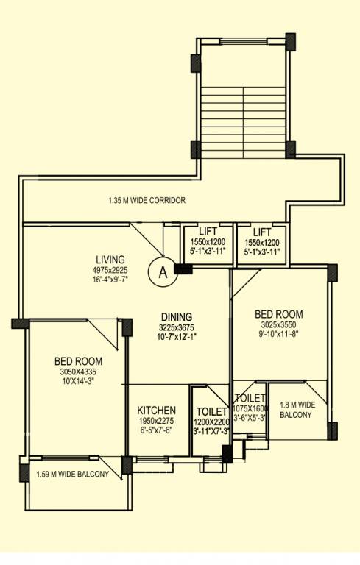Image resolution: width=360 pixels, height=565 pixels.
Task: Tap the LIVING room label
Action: [110, 260]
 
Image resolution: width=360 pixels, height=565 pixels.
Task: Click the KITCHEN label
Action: [156, 410]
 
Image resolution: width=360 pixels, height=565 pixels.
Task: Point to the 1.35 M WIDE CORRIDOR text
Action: [147, 200]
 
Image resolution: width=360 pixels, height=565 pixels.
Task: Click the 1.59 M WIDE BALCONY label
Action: [72, 475]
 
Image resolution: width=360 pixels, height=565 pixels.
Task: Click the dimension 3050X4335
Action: [78, 372]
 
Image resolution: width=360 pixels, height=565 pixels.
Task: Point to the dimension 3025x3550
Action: [278, 324]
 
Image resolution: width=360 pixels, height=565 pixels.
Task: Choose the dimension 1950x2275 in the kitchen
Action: [156, 422]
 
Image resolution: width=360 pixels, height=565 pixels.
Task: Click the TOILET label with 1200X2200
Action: [211, 412]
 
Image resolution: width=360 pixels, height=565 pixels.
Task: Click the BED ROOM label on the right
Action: [278, 314]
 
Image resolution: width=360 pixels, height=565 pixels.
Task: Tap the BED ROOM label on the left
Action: [78, 361]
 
